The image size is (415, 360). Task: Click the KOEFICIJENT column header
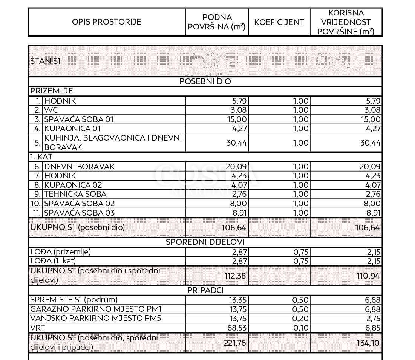(279, 22)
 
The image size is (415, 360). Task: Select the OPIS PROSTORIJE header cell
(107, 22)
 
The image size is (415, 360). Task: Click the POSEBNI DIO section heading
(205, 81)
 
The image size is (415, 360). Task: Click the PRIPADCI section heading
(205, 290)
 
